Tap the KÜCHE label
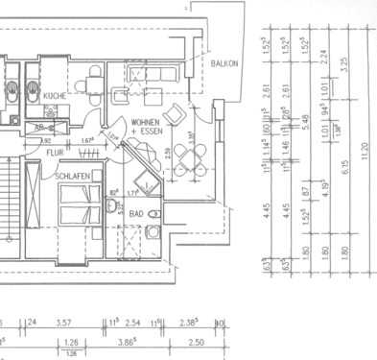pos(54,97)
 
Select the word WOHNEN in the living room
pos(146,123)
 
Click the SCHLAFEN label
pos(73,177)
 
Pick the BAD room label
pos(136,214)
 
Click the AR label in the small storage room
pos(40,127)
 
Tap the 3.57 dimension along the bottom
pos(66,324)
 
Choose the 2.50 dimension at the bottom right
pos(196,341)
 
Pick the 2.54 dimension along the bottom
pos(133,324)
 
